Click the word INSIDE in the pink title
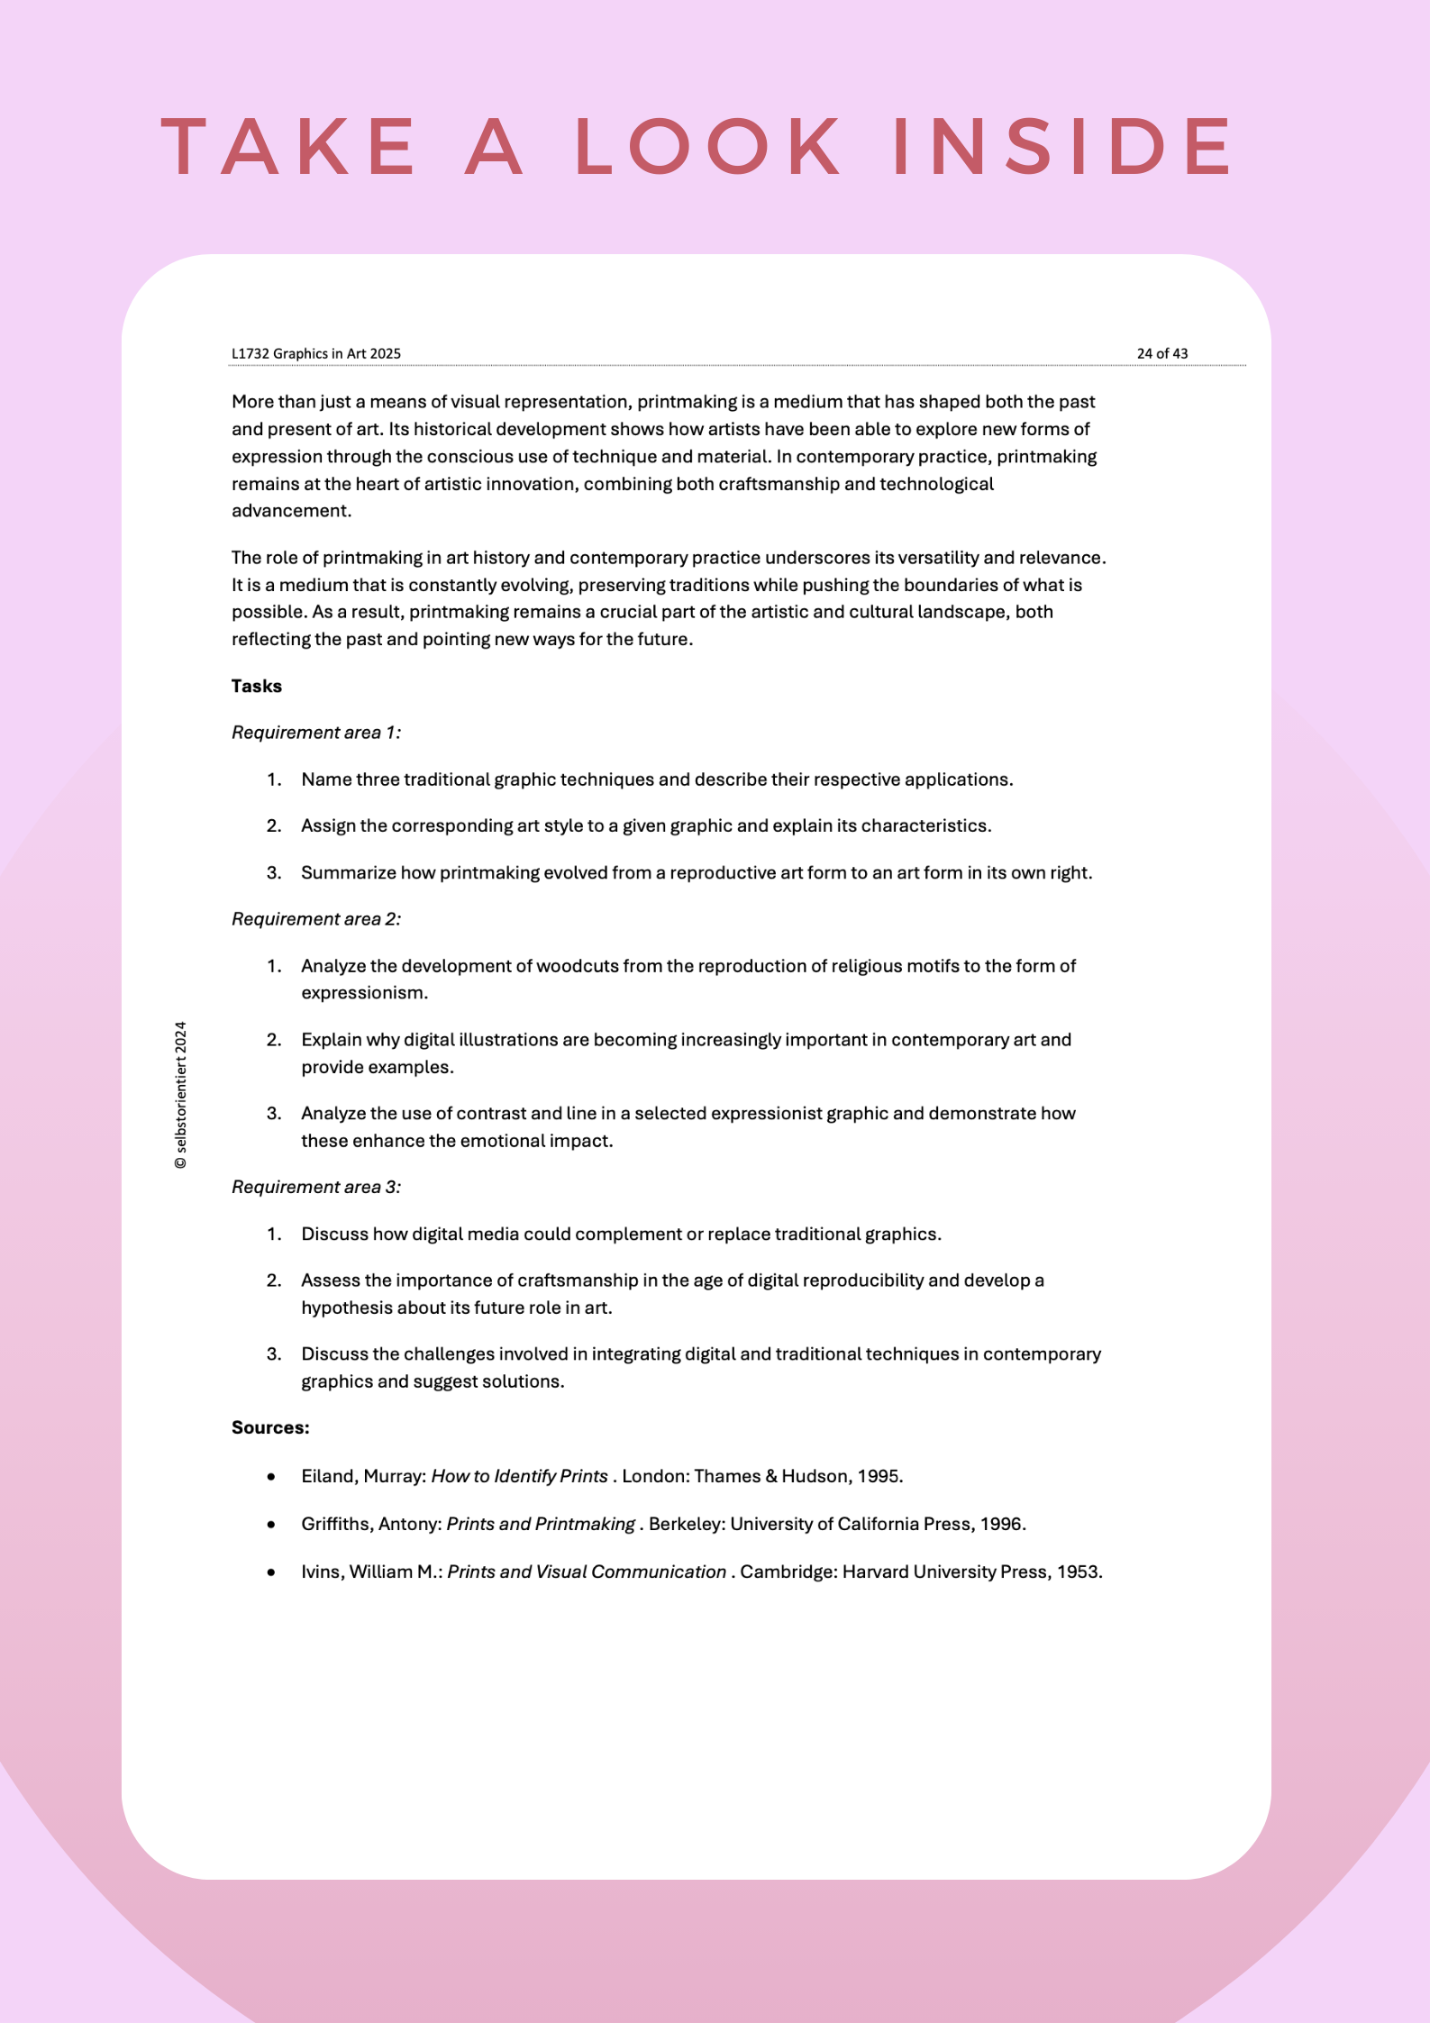pos(1063,146)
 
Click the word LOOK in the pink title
pos(708,146)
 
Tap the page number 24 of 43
pos(1161,353)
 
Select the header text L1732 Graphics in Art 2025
pos(316,353)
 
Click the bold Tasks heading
pos(257,686)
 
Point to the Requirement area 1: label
pos(316,733)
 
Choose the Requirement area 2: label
pos(316,919)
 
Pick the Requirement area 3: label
pos(316,1187)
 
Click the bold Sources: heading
pos(270,1427)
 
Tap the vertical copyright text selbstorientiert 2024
pos(181,1095)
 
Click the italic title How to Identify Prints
pos(519,1476)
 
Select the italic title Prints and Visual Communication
pos(587,1572)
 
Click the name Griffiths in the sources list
pos(336,1524)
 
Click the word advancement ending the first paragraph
pos(289,511)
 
